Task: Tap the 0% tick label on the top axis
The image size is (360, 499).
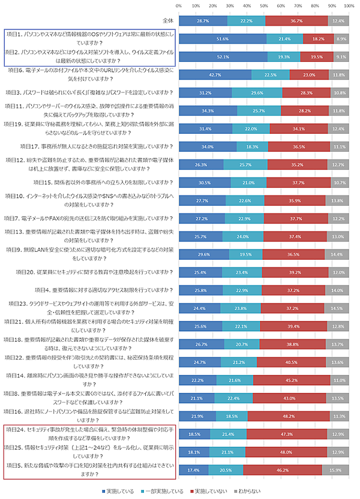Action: pos(179,5)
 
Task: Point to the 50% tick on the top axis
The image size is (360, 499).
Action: pos(264,5)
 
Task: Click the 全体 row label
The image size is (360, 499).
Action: pos(168,20)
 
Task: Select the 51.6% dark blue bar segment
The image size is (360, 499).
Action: pos(223,38)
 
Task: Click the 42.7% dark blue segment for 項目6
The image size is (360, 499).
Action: pos(215,75)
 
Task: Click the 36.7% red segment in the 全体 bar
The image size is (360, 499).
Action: pos(296,20)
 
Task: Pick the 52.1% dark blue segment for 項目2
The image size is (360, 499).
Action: pos(223,56)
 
